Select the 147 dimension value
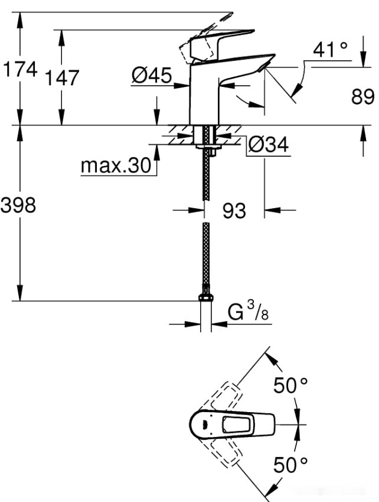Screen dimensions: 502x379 (62, 77)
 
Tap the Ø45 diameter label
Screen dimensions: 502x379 (151, 76)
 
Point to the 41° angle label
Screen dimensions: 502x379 (331, 50)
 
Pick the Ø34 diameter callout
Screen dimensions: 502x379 (269, 144)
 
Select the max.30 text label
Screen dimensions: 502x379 (116, 166)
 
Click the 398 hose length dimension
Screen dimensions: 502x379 (18, 205)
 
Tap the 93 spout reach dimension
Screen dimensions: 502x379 (234, 210)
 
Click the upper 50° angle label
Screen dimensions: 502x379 (290, 386)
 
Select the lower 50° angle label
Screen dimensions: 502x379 (290, 465)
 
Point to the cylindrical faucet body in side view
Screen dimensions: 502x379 (204, 95)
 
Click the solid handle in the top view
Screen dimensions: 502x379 (233, 424)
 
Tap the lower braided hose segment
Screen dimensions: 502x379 (205, 254)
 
